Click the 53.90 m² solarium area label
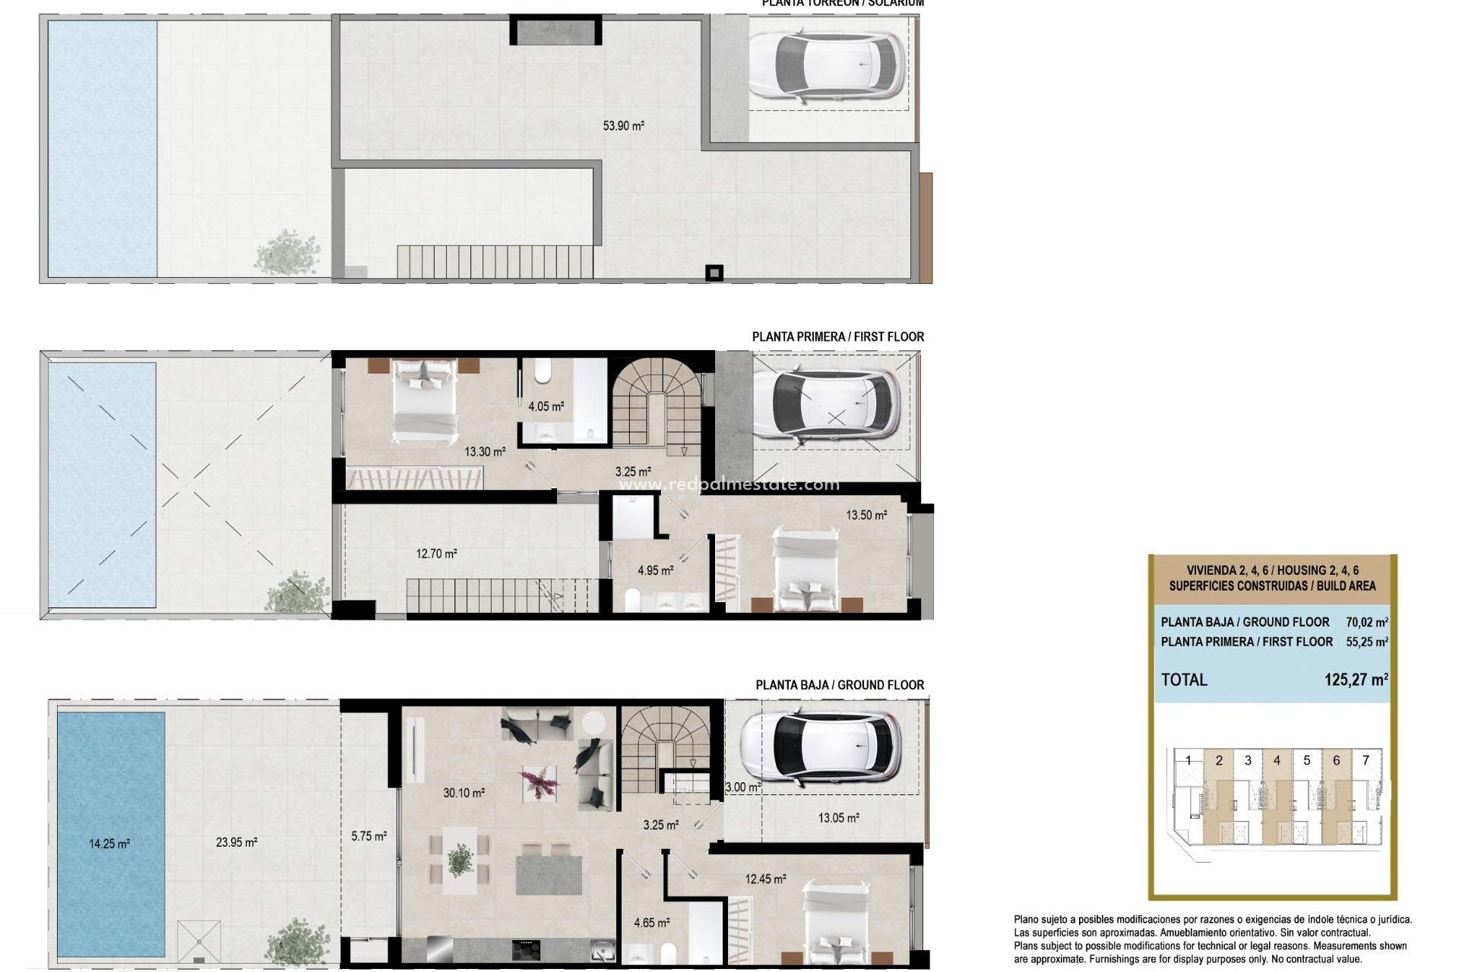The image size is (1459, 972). [x=623, y=126]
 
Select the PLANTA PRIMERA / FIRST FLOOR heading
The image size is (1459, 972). [x=837, y=336]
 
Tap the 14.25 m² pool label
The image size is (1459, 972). [x=109, y=844]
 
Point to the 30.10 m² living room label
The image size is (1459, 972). [x=464, y=793]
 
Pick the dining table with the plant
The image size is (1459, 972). [x=459, y=863]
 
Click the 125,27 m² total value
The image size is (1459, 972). [x=1356, y=680]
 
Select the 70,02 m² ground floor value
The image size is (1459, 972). [x=1366, y=622]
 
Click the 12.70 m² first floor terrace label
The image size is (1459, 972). [x=436, y=554]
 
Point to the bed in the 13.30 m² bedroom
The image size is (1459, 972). [x=425, y=401]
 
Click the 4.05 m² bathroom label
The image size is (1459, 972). [x=546, y=406]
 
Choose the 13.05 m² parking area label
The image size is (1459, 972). [x=838, y=818]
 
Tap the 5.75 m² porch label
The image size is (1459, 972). [x=369, y=836]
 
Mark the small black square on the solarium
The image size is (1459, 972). [x=714, y=272]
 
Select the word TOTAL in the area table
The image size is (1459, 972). [x=1183, y=680]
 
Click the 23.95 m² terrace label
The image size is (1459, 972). [x=236, y=842]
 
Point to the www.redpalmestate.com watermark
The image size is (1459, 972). [x=729, y=484]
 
